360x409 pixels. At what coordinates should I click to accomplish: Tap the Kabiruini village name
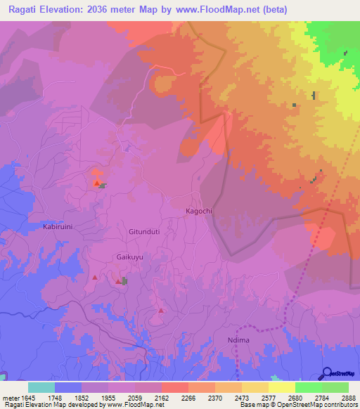tap(58, 228)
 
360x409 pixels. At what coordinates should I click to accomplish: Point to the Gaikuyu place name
tap(129, 258)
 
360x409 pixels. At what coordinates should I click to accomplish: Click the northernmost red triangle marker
tap(96, 183)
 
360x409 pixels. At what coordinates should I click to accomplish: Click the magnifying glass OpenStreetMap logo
tap(326, 373)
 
